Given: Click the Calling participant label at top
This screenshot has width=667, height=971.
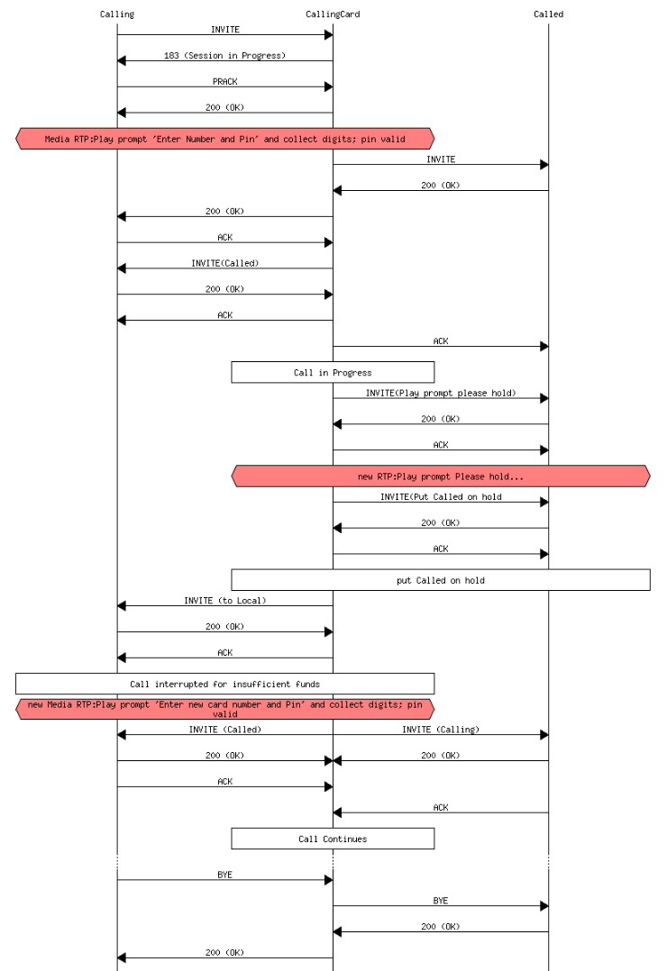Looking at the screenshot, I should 116,14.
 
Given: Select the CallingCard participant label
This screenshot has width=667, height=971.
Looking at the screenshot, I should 333,14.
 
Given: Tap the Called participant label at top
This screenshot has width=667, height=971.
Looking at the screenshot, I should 548,14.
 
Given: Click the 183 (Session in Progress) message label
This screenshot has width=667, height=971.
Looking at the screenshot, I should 224,55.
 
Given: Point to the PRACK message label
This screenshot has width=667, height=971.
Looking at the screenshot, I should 224,81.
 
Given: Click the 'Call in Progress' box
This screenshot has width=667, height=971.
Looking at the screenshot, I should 333,372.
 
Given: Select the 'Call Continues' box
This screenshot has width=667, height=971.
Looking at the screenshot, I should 333,839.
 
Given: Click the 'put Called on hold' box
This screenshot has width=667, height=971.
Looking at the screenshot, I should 441,580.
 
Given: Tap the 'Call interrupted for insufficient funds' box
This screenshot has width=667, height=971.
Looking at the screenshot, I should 224,684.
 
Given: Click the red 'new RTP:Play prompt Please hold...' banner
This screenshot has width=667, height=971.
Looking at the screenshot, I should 441,476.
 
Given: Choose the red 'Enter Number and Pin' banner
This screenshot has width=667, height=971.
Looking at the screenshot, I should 224,139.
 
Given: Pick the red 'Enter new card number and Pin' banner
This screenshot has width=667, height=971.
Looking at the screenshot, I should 224,709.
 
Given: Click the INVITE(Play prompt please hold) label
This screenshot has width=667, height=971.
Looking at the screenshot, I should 441,393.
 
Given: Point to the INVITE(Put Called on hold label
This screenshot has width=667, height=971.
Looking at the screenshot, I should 441,496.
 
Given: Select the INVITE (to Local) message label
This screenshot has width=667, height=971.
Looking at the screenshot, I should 224,600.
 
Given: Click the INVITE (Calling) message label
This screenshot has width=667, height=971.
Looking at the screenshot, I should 441,730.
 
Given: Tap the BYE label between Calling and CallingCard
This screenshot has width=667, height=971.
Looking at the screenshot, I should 224,874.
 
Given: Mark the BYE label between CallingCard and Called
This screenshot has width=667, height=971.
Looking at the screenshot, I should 441,900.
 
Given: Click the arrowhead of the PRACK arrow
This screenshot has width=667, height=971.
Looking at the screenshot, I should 328,86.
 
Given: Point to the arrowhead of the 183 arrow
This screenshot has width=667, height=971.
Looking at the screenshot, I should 122,60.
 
